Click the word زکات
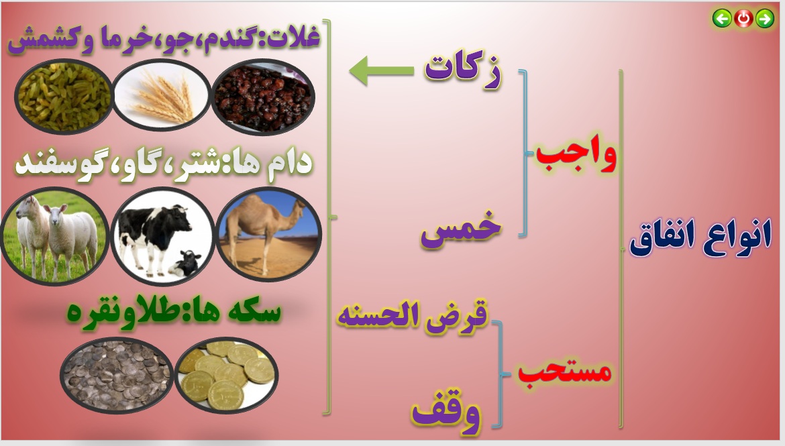(x=462, y=70)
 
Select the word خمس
(x=461, y=229)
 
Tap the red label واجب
(x=576, y=155)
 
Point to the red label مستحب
(x=565, y=371)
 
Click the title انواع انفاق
(x=700, y=237)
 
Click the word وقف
(x=446, y=414)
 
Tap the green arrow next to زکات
(x=382, y=70)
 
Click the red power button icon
(x=743, y=19)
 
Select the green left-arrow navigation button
(x=722, y=19)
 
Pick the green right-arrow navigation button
(x=764, y=19)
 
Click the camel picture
(x=269, y=234)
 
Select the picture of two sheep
(x=54, y=235)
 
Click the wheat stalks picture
(x=161, y=95)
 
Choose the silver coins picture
(x=117, y=375)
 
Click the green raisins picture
(x=64, y=96)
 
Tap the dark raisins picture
(x=263, y=97)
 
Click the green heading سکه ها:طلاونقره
(x=174, y=311)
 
